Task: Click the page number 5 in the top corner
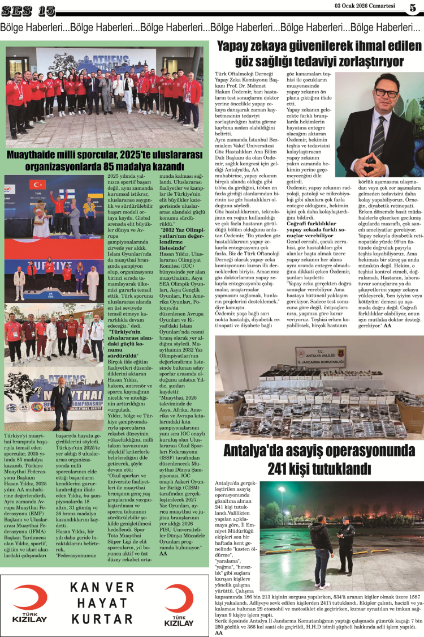pyautogui.click(x=413, y=8)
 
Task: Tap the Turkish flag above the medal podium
pyautogui.click(x=38, y=184)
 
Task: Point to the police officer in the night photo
pyautogui.click(x=346, y=546)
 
